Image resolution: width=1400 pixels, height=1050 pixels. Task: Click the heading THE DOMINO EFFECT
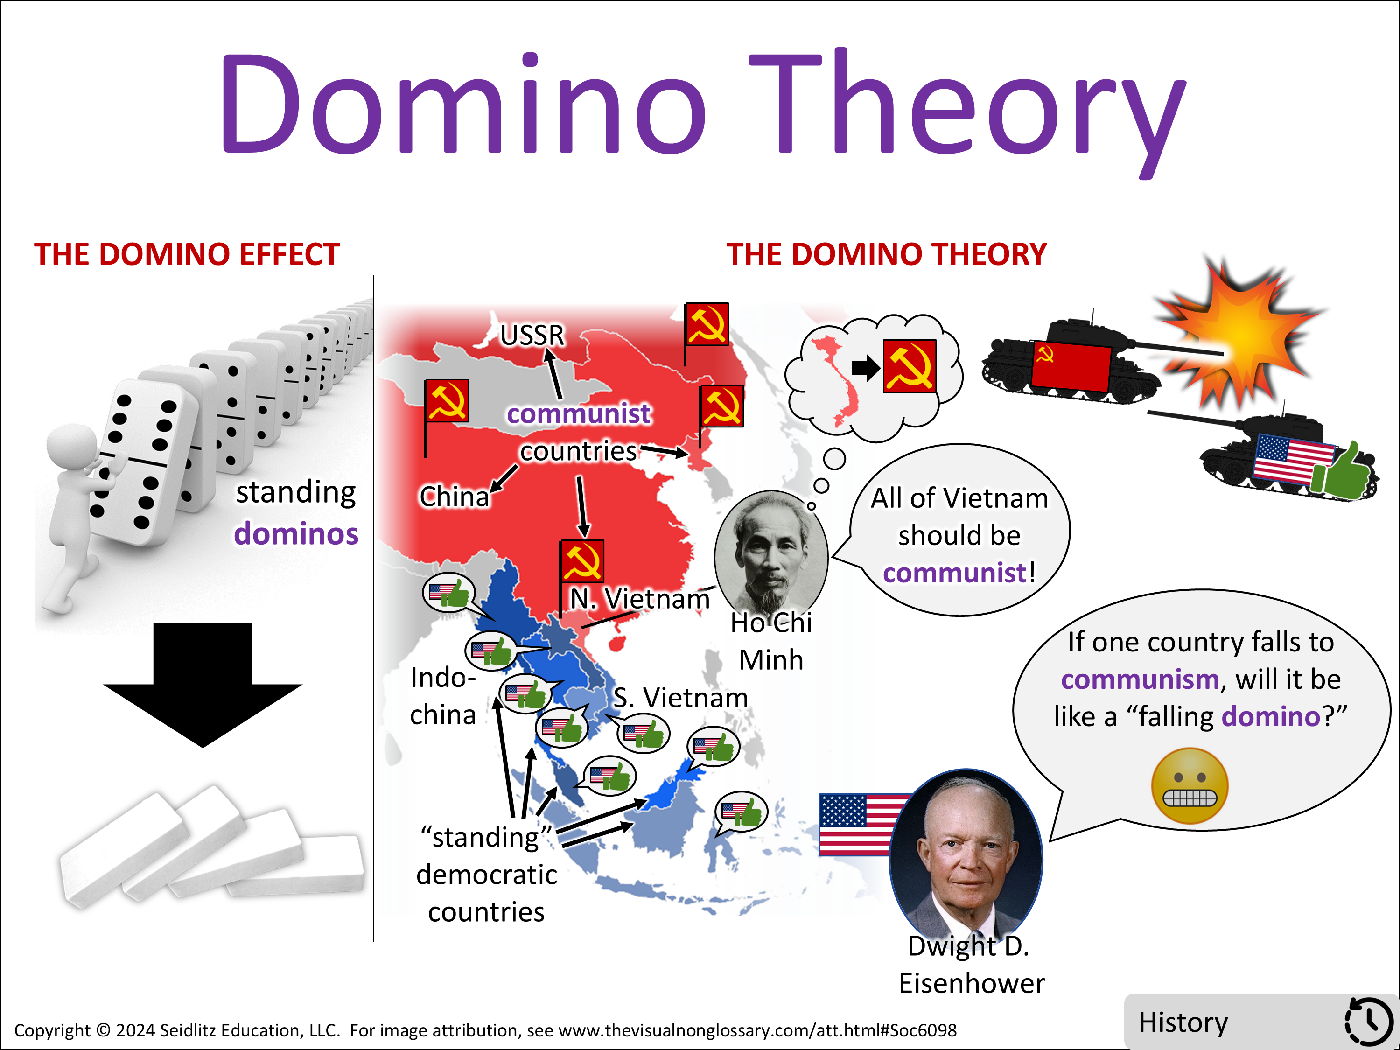187,254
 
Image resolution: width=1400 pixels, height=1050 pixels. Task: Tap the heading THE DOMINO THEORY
886,254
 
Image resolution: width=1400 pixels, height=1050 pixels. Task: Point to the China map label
455,496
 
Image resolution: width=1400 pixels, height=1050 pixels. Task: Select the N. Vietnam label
640,599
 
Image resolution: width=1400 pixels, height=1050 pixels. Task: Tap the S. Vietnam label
680,698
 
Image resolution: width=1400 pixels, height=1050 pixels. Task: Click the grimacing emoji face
1190,786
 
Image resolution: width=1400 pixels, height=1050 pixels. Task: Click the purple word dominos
296,533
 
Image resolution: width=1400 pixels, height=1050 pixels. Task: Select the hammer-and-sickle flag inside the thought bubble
910,366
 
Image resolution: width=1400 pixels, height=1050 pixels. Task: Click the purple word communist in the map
579,414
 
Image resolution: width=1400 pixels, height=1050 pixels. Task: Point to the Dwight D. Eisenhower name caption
972,965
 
